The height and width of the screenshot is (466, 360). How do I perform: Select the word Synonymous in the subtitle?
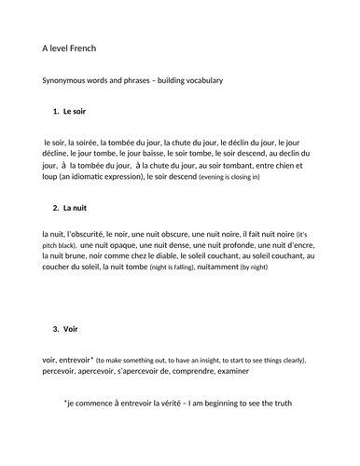(x=66, y=81)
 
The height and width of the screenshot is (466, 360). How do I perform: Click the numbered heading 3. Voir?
(x=68, y=329)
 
